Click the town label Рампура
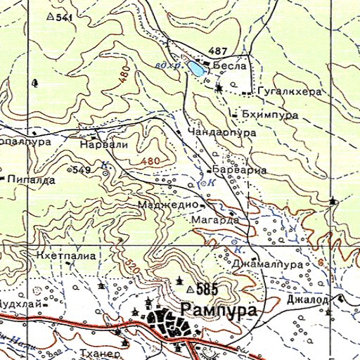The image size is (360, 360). pos(218,310)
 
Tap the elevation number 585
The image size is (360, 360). pos(207,289)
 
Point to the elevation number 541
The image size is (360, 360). pos(64,16)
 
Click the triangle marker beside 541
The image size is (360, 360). pos(49,15)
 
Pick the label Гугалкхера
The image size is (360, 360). pos(289,92)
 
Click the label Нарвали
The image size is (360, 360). pos(104,144)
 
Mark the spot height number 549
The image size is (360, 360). pos(82,170)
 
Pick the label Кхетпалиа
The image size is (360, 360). pos(66,255)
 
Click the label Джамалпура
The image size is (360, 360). pos(270,264)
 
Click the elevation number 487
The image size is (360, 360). pos(218,51)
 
